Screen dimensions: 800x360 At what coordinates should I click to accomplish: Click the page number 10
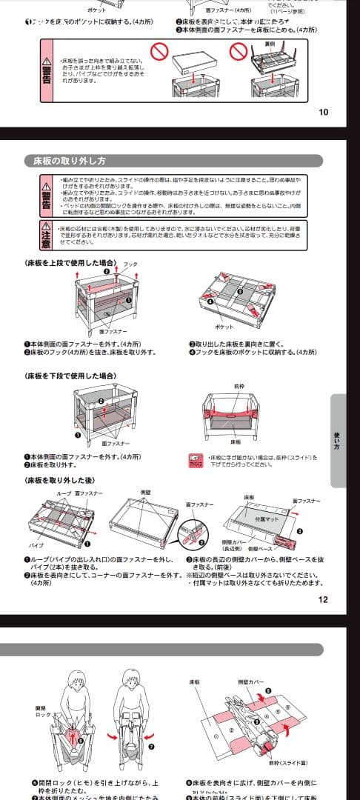323,113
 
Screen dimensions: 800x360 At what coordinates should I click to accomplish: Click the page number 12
323,600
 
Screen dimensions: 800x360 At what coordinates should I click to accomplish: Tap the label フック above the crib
130,264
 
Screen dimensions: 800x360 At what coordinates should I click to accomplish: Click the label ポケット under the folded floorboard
224,327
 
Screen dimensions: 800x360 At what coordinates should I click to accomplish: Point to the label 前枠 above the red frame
239,386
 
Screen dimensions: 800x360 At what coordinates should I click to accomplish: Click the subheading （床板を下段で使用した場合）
70,376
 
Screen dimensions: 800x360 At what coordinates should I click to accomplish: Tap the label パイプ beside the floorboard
36,544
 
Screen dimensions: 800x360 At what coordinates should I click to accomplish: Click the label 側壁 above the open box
146,492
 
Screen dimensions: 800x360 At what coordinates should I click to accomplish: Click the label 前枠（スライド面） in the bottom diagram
283,762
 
